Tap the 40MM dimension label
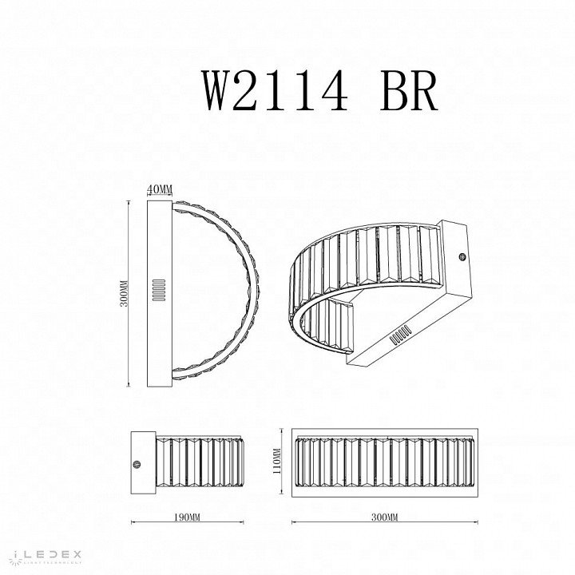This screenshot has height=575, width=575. (x=161, y=189)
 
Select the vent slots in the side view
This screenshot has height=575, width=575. (x=158, y=289)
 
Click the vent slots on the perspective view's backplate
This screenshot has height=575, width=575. (x=400, y=334)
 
